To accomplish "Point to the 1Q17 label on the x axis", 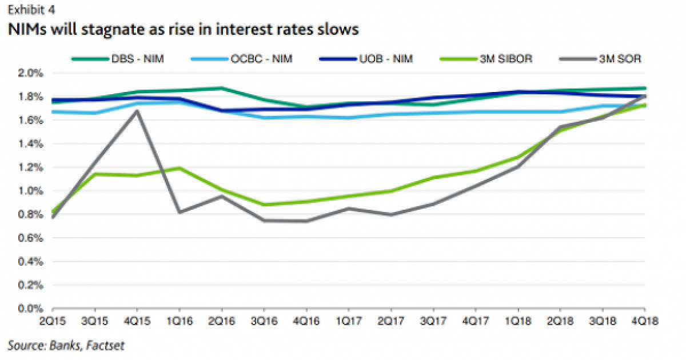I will point(347,322).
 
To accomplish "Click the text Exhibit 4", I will point(27,10).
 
